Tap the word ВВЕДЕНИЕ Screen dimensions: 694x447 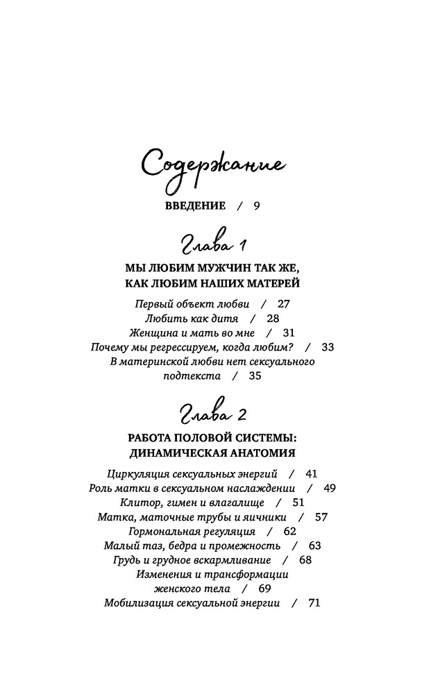point(196,205)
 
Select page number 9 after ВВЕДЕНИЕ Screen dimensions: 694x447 point(256,205)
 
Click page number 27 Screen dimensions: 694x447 point(283,304)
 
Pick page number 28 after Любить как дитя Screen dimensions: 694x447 point(272,319)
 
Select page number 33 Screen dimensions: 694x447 point(328,348)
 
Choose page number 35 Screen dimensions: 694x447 point(254,376)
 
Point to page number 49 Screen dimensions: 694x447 point(329,488)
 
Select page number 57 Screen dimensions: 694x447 point(321,517)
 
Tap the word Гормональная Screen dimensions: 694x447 point(155,532)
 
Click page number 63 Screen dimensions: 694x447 point(314,545)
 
